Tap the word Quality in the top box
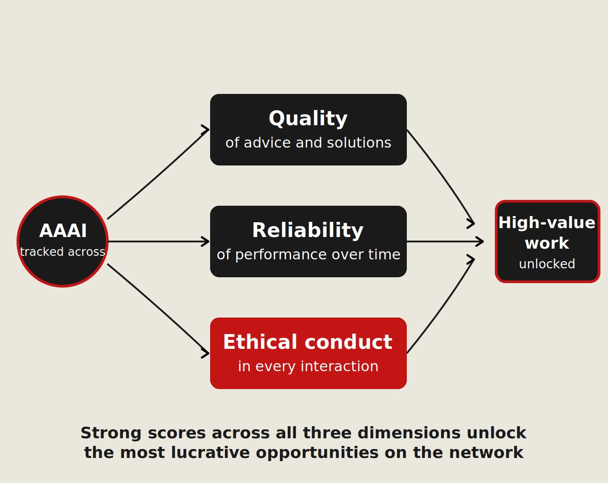(308, 119)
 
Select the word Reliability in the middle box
(308, 231)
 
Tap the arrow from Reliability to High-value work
(445, 241)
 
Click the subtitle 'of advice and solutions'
(308, 143)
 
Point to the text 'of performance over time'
(308, 254)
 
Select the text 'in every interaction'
(308, 366)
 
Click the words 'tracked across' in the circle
(63, 252)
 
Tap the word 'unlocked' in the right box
(547, 264)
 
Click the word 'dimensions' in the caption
(409, 433)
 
